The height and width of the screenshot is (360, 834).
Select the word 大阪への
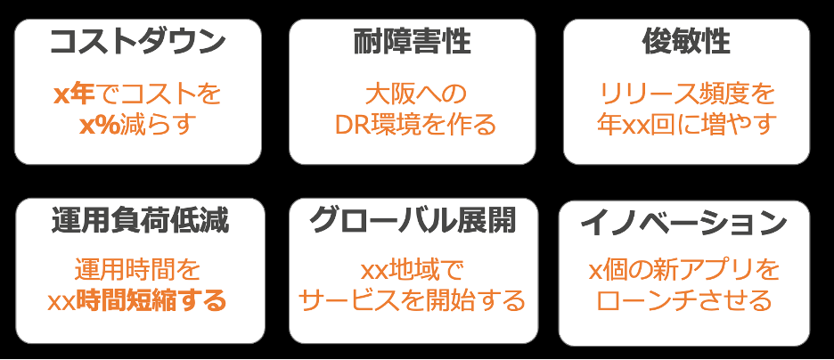pos(412,93)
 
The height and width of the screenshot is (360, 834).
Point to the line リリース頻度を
pos(686,93)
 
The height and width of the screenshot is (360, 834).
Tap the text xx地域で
pos(412,270)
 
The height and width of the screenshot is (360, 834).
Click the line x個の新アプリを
pos(683,270)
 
